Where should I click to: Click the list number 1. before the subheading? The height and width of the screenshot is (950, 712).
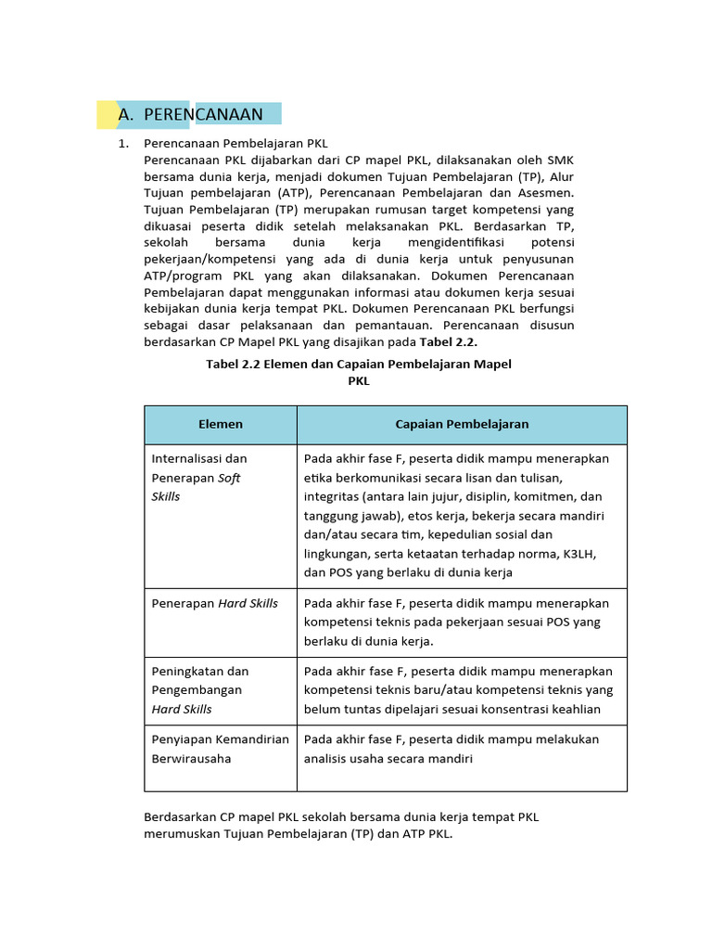[x=121, y=144]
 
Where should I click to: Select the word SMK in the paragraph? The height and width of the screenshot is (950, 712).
[x=560, y=160]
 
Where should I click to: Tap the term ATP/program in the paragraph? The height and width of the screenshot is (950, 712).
[x=182, y=276]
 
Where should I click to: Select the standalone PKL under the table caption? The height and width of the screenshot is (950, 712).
[x=358, y=380]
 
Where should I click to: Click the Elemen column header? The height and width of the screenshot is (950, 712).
[x=221, y=424]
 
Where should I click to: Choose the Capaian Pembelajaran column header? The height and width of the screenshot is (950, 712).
[x=462, y=424]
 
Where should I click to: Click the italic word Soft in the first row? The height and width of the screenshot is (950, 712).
[x=229, y=478]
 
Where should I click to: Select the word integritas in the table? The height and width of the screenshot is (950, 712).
[x=334, y=496]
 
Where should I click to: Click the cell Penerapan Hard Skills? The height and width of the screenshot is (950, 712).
[x=214, y=603]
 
